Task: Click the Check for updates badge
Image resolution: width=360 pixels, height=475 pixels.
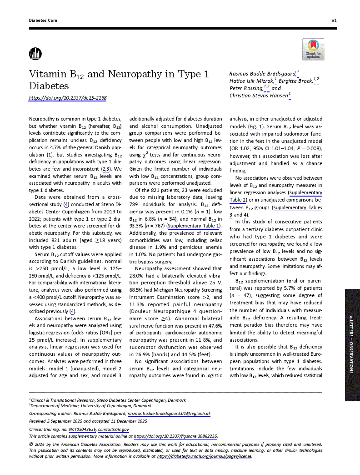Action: point(313,49)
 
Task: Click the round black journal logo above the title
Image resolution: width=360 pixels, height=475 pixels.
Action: point(35,54)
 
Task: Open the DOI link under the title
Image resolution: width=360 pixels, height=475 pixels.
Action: point(68,98)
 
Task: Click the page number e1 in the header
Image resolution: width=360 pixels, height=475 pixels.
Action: point(334,21)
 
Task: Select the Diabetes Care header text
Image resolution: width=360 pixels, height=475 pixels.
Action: point(43,21)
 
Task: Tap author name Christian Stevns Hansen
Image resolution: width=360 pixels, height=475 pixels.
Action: point(259,96)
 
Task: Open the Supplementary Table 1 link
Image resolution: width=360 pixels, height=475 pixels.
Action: point(194,226)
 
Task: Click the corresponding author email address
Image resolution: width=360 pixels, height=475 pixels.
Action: point(169,414)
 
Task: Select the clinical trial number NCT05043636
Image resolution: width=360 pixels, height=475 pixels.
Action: point(80,429)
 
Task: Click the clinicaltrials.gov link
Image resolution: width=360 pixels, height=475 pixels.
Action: point(114,429)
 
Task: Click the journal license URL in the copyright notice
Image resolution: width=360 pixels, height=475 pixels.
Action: point(204,456)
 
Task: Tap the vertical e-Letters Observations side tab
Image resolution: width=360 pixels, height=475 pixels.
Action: point(352,344)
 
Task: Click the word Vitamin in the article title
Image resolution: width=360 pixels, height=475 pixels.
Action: point(46,75)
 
